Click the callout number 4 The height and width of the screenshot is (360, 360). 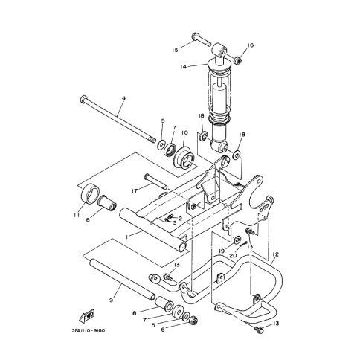tap(123, 98)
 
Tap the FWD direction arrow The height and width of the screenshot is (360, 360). tap(86, 316)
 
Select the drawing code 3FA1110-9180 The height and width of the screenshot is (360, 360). tap(89, 330)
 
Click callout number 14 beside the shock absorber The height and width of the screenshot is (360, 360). tap(183, 67)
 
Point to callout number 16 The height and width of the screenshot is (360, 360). tap(251, 45)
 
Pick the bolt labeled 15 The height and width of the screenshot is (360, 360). tap(202, 40)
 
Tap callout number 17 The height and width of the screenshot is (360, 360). tap(135, 191)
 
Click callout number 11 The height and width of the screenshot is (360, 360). tap(76, 216)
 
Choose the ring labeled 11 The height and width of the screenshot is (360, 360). tap(90, 193)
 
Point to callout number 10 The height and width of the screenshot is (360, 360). tap(184, 132)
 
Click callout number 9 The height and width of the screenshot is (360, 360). tap(111, 300)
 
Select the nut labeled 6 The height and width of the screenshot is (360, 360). tap(193, 321)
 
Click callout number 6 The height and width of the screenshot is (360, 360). tap(163, 330)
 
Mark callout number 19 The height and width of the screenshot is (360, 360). tap(222, 251)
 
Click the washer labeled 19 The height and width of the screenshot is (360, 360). tap(237, 240)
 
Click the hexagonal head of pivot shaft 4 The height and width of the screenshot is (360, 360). tap(84, 100)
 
